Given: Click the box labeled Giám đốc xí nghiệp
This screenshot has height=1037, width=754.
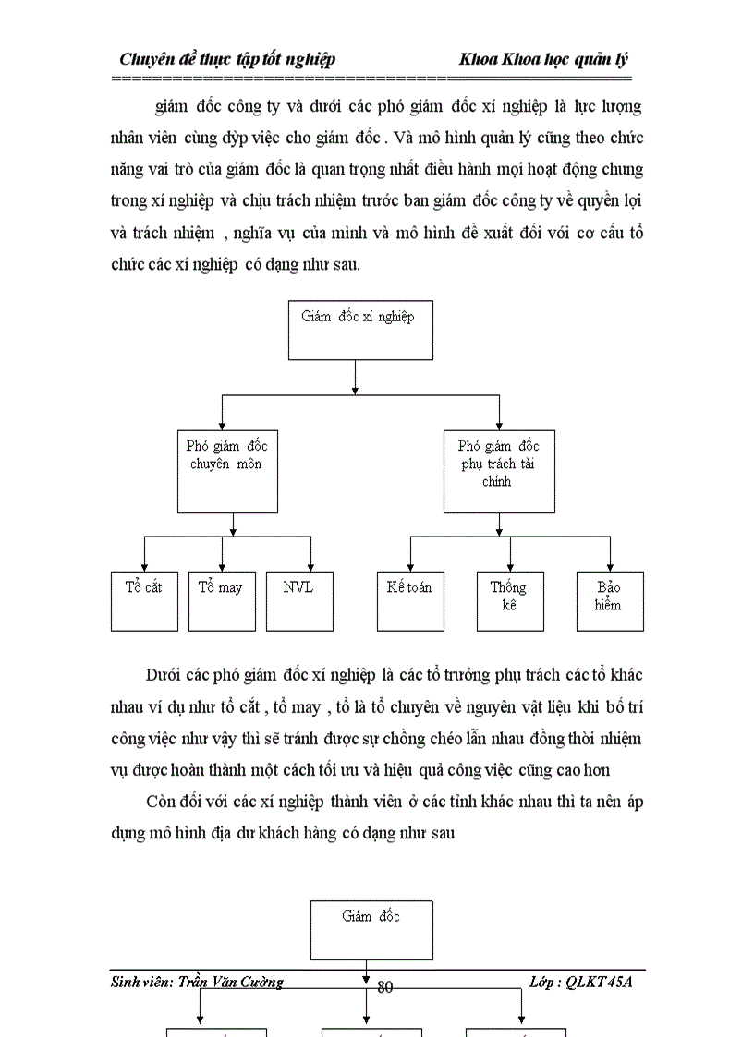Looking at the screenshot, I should click(359, 329).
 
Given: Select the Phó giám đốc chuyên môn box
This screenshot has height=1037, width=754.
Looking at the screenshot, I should click(227, 471).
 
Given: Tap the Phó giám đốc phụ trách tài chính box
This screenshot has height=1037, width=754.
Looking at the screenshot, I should click(499, 471).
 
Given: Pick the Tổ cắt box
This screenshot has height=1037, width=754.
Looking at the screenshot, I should click(144, 600).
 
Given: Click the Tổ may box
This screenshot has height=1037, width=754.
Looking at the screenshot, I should click(222, 600).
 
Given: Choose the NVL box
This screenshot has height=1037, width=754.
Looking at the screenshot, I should click(299, 600).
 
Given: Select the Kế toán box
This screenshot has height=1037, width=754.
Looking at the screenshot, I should click(410, 600).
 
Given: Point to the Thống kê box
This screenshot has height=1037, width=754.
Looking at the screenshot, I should click(510, 600).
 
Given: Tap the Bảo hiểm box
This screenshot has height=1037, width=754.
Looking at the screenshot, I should click(610, 600).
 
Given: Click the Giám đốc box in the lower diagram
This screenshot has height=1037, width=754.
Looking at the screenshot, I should click(371, 930).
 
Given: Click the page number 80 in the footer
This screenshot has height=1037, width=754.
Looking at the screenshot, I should click(385, 987).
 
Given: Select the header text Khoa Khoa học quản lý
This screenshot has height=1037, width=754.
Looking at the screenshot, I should click(544, 59).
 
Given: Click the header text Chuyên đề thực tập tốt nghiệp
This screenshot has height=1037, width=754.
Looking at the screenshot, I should click(227, 59).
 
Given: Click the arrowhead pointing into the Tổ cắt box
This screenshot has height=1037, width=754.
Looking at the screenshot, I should click(144, 566).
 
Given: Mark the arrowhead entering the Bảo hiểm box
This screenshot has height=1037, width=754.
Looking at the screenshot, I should click(610, 566).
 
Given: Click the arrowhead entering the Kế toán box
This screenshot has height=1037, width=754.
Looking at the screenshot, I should click(410, 566).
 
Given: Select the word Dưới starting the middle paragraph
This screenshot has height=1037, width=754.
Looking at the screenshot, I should click(163, 672).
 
